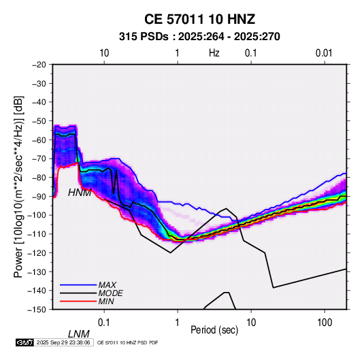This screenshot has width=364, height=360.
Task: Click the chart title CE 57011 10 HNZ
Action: tap(199, 19)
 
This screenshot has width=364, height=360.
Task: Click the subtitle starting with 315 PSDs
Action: tap(199, 37)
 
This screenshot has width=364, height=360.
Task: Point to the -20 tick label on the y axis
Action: tap(39, 65)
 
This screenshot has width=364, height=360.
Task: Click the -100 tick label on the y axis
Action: tap(37, 215)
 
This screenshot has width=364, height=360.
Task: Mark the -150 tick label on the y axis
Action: tap(37, 310)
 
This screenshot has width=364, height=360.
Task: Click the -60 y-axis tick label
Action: tap(39, 140)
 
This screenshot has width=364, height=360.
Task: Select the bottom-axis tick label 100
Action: tap(325, 323)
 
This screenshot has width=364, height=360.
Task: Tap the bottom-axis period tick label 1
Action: tap(178, 323)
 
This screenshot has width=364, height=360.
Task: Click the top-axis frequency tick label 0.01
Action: tap(324, 53)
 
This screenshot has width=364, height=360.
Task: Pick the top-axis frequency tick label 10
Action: tap(104, 53)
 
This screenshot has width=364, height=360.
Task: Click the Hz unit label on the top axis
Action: tap(214, 53)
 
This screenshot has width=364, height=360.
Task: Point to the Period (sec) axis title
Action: tap(214, 330)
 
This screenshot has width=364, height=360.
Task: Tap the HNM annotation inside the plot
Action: tap(80, 193)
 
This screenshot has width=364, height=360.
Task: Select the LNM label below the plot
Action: tap(79, 334)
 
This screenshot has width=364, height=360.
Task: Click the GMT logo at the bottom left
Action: tap(25, 342)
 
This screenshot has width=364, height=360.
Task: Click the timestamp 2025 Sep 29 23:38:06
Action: tap(63, 342)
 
